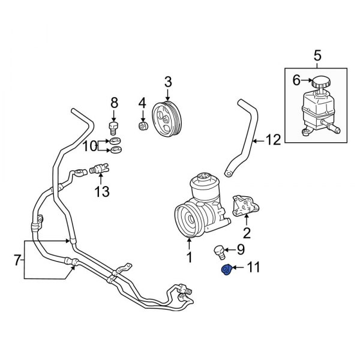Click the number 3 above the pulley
pyautogui.click(x=168, y=81)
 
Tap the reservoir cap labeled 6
pyautogui.click(x=318, y=83)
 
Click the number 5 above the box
pyautogui.click(x=319, y=57)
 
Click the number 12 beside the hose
pyautogui.click(x=273, y=141)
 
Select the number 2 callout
pyautogui.click(x=246, y=233)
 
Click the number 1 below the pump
pyautogui.click(x=189, y=259)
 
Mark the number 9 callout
pyautogui.click(x=241, y=250)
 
